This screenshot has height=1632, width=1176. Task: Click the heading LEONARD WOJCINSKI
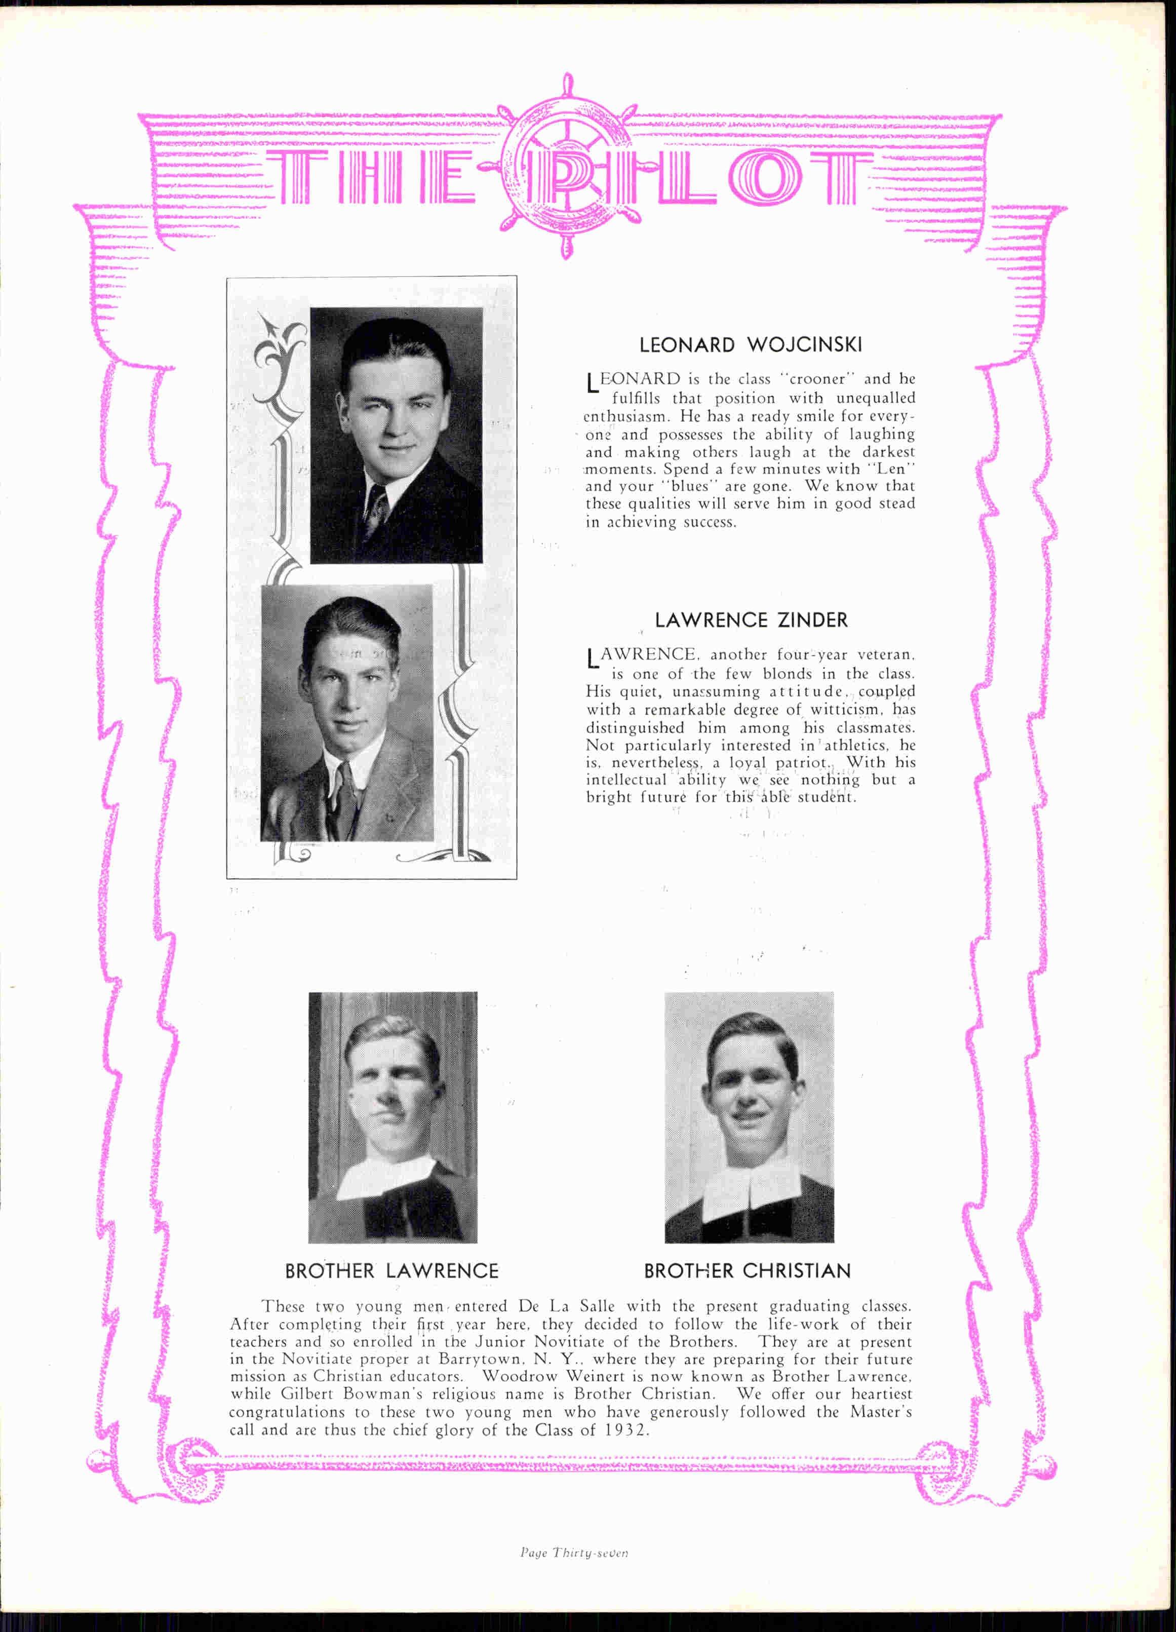(751, 345)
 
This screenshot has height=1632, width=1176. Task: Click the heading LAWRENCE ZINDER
(751, 620)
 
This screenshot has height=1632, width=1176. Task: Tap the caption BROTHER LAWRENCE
(391, 1271)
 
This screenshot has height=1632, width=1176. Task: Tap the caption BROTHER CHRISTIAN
(747, 1271)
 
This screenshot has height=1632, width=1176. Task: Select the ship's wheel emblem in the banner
(569, 167)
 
